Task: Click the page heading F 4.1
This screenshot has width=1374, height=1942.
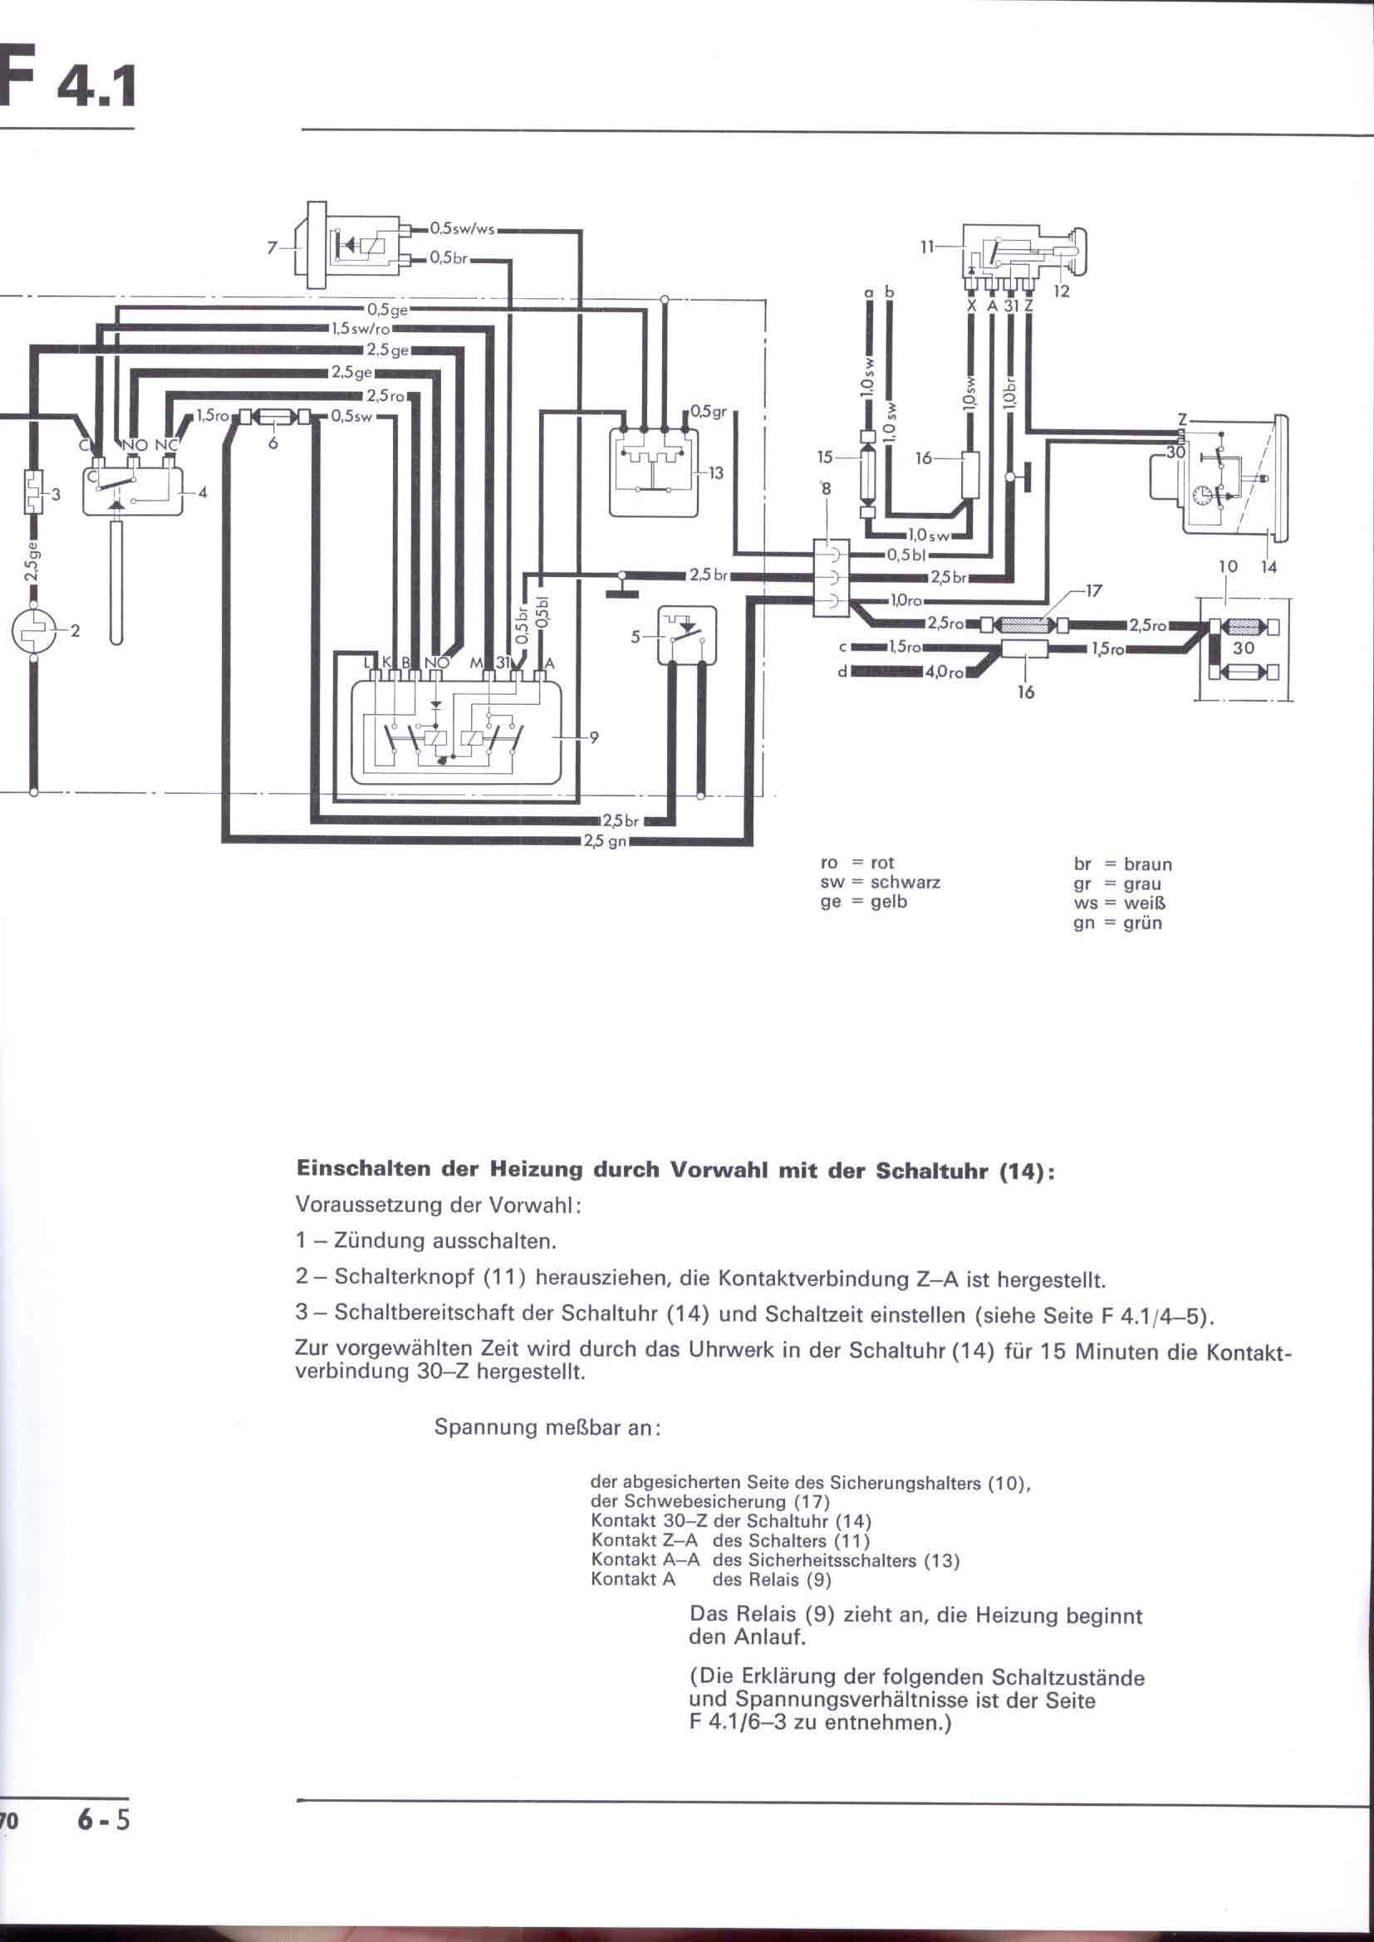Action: tap(67, 78)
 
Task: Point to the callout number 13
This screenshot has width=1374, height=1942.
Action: tap(716, 472)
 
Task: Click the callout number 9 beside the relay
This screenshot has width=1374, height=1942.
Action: tap(594, 737)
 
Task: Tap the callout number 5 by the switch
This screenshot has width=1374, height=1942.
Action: tap(635, 637)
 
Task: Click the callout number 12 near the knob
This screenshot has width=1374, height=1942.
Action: tap(1062, 291)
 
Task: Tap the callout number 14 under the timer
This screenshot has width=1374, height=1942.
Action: tap(1268, 568)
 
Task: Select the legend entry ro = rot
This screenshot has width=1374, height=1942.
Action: tap(857, 863)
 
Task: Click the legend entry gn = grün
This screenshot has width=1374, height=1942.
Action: tap(1117, 922)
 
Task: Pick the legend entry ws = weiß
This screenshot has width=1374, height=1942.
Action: tap(1119, 903)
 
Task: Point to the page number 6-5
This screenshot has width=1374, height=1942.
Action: tap(103, 1814)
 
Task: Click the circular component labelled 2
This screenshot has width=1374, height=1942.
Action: tap(32, 630)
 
